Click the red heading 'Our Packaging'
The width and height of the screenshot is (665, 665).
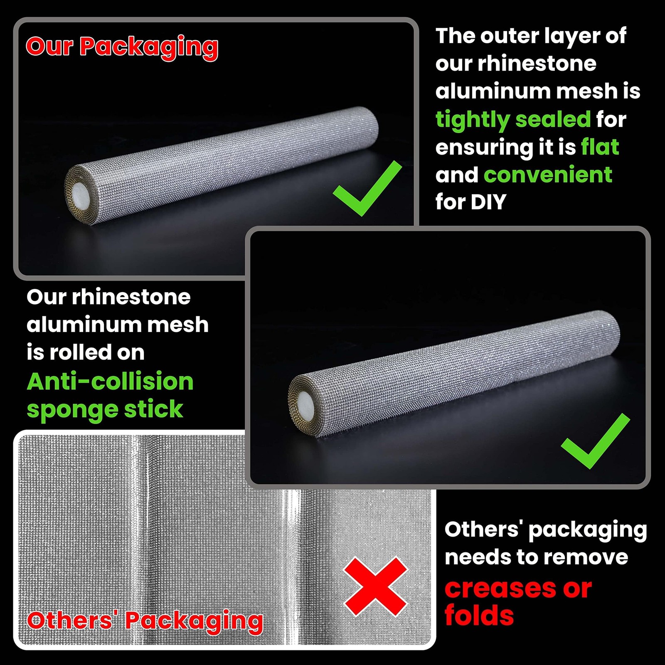point(122,47)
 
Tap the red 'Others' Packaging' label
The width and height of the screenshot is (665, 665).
point(145,621)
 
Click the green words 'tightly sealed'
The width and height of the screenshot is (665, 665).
point(513,120)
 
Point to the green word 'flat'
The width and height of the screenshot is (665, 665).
point(600,147)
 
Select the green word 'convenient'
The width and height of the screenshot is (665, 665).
point(548,175)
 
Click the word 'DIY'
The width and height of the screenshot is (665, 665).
point(488,202)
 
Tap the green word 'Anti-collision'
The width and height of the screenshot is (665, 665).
point(110,382)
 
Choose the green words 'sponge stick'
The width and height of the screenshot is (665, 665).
point(105,409)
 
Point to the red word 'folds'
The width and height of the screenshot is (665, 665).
point(479,616)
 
